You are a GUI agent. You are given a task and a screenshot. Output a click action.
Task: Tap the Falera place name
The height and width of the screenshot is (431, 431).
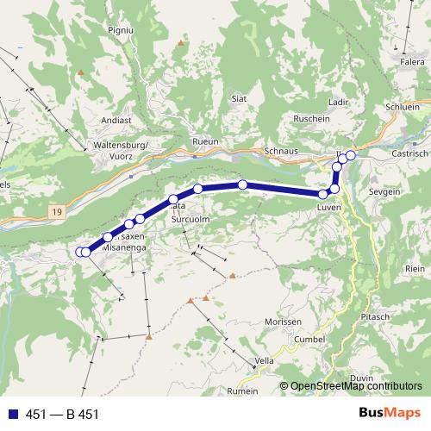click(412, 62)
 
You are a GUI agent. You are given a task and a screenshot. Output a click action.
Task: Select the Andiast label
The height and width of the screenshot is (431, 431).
click(116, 121)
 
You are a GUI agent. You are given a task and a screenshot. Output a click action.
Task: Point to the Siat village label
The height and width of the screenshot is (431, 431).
click(240, 99)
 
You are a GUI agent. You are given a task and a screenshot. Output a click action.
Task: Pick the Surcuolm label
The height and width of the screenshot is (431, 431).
click(191, 220)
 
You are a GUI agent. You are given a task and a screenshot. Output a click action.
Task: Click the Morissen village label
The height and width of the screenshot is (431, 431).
click(283, 322)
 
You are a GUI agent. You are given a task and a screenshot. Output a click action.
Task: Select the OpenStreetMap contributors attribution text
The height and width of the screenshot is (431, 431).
click(354, 386)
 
